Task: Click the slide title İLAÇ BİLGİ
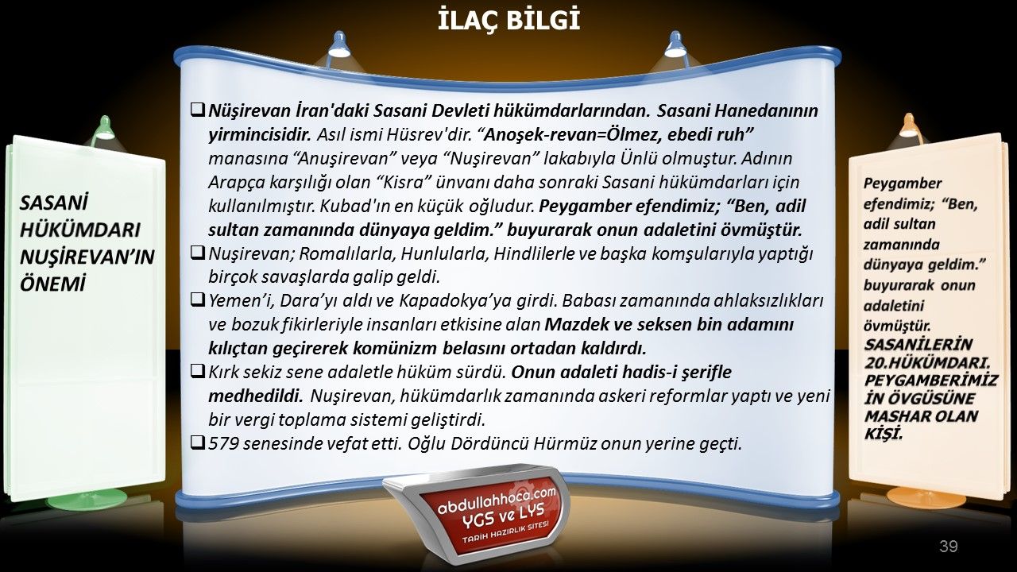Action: point(509,20)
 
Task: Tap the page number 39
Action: point(949,546)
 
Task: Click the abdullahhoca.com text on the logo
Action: point(497,501)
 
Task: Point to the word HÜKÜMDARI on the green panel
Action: point(80,230)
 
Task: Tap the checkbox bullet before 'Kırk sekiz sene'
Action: point(198,372)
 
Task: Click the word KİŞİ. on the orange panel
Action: point(883,434)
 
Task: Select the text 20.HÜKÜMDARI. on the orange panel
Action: point(927,363)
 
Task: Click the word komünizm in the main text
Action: point(396,348)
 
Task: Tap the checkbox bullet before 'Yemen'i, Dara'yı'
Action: point(198,300)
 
